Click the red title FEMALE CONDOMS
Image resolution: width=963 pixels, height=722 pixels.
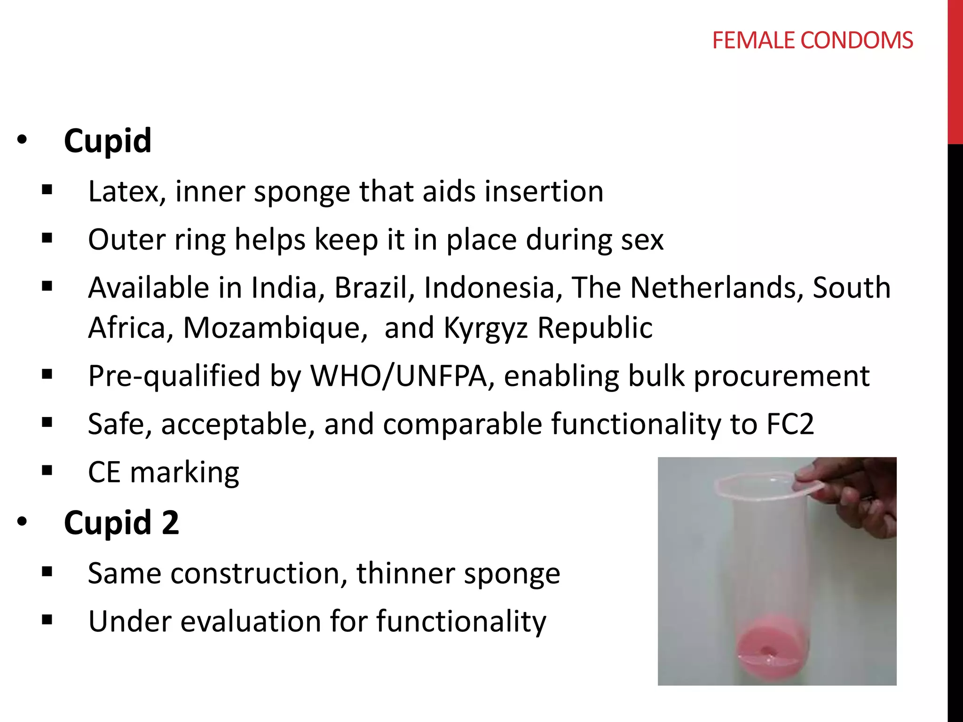pyautogui.click(x=812, y=40)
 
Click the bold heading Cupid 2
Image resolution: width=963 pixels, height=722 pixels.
pyautogui.click(x=121, y=522)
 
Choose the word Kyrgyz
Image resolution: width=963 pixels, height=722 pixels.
pyautogui.click(x=486, y=329)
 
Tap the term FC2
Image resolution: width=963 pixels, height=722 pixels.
pyautogui.click(x=790, y=424)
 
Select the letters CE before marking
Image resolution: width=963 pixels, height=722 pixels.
pyautogui.click(x=104, y=472)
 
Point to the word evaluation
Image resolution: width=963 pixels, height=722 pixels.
pyautogui.click(x=251, y=621)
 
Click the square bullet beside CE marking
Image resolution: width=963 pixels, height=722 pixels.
pyautogui.click(x=47, y=471)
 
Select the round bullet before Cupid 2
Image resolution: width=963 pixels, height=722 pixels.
pyautogui.click(x=22, y=521)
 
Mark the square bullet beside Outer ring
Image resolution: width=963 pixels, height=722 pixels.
pyautogui.click(x=47, y=238)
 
